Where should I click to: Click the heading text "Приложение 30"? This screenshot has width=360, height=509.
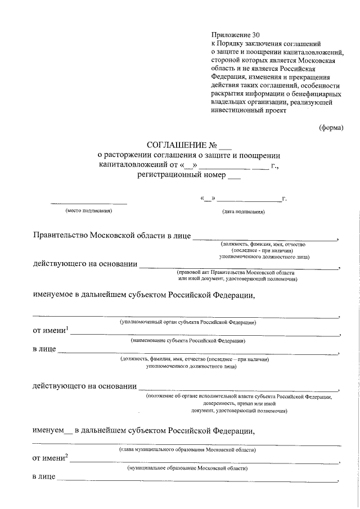tap(232, 35)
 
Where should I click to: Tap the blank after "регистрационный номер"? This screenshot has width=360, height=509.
tap(234, 175)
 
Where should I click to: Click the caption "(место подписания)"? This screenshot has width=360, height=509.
tap(89, 211)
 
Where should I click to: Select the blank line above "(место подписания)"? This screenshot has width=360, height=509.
tap(89, 202)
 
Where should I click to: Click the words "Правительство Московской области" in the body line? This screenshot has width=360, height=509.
tap(103, 235)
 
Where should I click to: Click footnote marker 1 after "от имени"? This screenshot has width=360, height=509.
tap(67, 328)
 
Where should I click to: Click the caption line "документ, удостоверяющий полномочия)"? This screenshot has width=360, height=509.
tap(238, 411)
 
